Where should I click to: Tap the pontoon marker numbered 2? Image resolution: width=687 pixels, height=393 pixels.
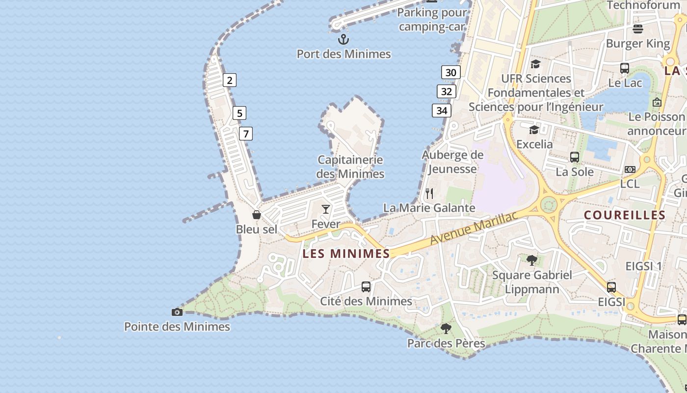pyautogui.click(x=229, y=80)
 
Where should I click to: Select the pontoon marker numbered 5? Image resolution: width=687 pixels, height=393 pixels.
pyautogui.click(x=239, y=113)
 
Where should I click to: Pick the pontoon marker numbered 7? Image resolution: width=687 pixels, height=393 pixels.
pyautogui.click(x=246, y=133)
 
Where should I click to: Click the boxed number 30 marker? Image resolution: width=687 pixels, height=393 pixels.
pyautogui.click(x=450, y=73)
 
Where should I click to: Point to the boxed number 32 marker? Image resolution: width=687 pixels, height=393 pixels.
pyautogui.click(x=446, y=91)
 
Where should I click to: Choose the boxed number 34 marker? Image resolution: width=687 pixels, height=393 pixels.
pyautogui.click(x=442, y=111)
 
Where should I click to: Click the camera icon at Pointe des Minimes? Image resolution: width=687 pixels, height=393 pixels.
pyautogui.click(x=177, y=312)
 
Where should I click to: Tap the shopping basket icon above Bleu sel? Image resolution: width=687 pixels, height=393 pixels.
pyautogui.click(x=256, y=215)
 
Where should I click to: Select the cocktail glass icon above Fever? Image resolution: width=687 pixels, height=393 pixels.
pyautogui.click(x=326, y=209)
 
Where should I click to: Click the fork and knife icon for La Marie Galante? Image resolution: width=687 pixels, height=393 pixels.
pyautogui.click(x=429, y=193)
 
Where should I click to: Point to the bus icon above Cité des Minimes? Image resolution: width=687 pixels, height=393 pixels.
pyautogui.click(x=366, y=287)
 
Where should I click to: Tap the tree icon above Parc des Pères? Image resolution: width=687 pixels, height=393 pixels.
pyautogui.click(x=446, y=329)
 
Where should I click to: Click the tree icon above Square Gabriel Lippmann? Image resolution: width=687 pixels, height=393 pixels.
pyautogui.click(x=531, y=260)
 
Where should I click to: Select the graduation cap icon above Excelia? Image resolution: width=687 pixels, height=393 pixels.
pyautogui.click(x=534, y=130)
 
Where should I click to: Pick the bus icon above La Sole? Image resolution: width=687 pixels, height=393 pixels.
pyautogui.click(x=575, y=157)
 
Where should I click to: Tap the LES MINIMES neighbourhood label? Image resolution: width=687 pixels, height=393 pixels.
pyautogui.click(x=346, y=253)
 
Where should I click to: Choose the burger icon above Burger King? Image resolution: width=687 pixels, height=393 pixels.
pyautogui.click(x=638, y=28)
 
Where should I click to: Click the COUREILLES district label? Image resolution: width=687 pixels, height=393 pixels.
pyautogui.click(x=625, y=215)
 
